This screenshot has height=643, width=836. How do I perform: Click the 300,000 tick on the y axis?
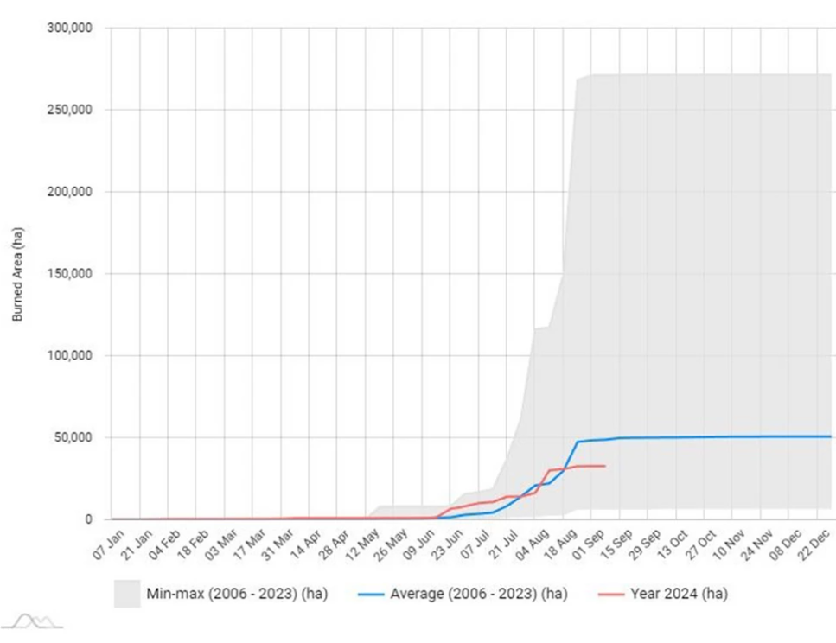(70, 28)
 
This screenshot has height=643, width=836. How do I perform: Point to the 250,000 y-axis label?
(70, 110)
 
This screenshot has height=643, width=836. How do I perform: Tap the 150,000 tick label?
(70, 273)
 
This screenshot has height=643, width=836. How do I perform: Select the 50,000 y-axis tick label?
(73, 437)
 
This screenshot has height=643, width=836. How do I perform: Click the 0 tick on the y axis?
(89, 519)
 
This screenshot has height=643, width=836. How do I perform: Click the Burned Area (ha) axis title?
(17, 274)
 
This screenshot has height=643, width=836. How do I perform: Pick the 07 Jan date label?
(109, 544)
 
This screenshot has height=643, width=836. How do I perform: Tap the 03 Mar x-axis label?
(221, 544)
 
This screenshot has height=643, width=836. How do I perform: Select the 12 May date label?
(362, 544)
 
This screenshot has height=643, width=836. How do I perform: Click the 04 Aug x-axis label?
(532, 544)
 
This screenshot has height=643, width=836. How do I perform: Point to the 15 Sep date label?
(617, 544)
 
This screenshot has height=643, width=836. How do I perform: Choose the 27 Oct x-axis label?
(701, 544)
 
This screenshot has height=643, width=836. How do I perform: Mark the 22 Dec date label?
(814, 544)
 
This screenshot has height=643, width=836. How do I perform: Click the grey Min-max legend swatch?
(127, 594)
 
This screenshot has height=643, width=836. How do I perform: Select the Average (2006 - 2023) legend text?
(479, 594)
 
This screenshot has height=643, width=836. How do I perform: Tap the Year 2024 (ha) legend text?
(680, 594)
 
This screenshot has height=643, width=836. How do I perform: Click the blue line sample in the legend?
(371, 595)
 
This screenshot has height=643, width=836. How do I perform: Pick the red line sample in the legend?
(611, 595)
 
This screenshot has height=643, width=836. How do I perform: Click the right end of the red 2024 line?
(605, 466)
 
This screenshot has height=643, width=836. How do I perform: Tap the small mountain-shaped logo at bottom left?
(33, 621)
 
